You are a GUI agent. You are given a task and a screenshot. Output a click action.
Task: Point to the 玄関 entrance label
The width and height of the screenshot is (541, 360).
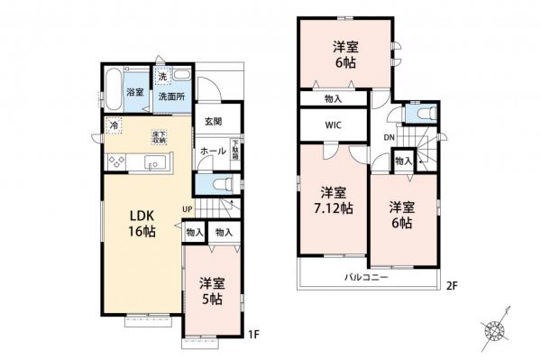click(x=213, y=122)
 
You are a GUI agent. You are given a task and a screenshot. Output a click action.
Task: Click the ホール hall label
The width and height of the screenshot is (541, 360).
click(x=212, y=151)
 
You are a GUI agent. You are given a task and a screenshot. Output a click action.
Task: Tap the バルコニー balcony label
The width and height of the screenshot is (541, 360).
click(x=364, y=277)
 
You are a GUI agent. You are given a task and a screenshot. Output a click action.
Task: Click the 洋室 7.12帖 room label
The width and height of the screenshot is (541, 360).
click(x=334, y=199)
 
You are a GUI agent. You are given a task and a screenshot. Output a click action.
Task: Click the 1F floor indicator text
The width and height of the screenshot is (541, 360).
click(x=253, y=335)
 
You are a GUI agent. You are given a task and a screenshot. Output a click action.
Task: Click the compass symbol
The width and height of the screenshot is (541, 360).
click(x=496, y=330)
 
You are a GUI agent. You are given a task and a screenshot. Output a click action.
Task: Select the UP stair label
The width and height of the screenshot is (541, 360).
click(x=188, y=210)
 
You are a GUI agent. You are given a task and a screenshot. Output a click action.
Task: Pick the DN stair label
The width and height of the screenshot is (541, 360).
click(x=389, y=137)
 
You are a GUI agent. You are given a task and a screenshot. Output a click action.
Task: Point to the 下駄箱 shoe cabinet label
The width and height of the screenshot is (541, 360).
click(x=234, y=149)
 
